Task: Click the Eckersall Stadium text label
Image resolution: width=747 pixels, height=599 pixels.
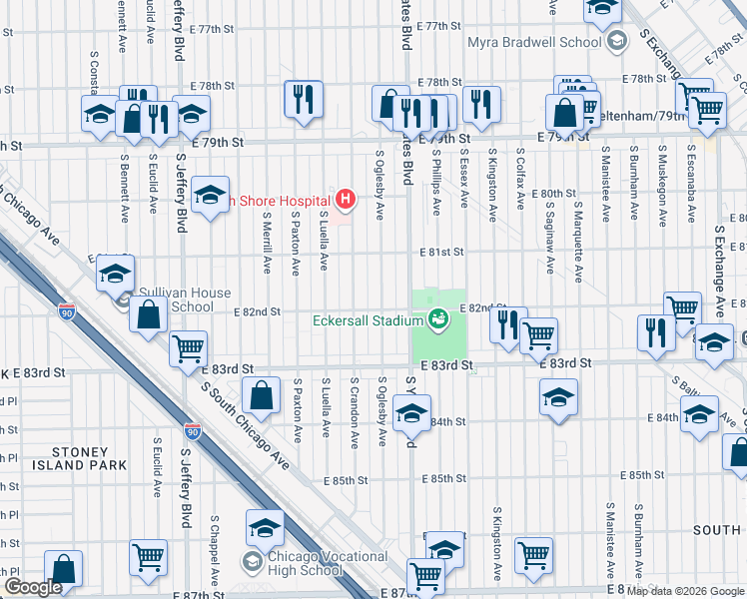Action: point(368,321)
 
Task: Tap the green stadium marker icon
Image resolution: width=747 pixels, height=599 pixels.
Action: point(437,320)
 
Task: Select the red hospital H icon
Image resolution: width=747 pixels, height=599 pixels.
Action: point(346,201)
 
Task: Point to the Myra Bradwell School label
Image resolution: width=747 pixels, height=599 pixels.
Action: point(534,42)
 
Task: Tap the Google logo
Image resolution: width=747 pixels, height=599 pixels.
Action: point(33,588)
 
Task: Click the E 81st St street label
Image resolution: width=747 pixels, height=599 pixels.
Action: point(440,253)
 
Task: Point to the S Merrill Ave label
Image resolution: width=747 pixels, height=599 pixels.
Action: point(267,243)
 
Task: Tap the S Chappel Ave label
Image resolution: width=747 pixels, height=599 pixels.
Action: point(214,551)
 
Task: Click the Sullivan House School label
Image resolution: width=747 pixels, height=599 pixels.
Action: point(185,299)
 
